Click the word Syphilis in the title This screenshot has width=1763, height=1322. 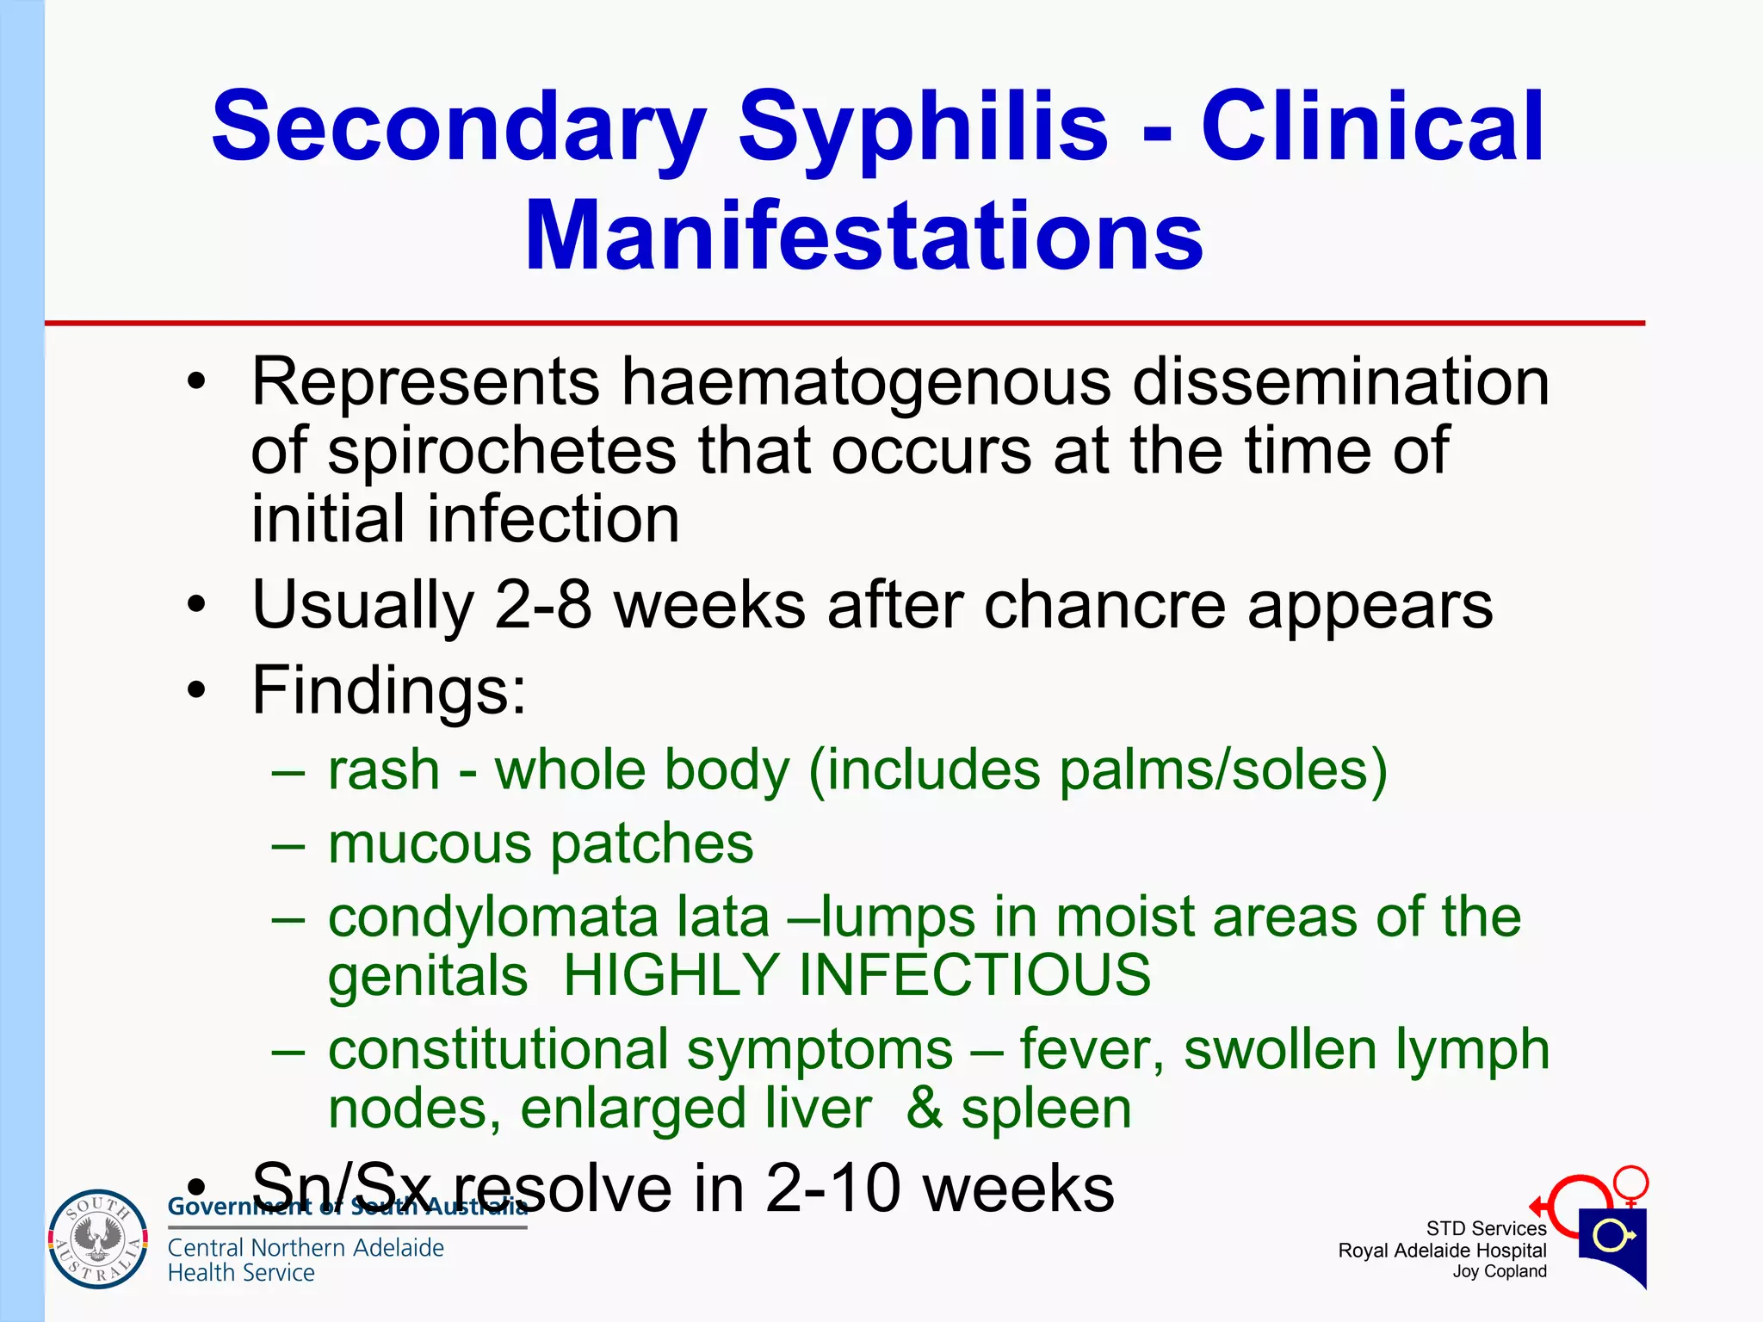[x=923, y=129]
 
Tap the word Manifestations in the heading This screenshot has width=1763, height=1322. [x=863, y=236]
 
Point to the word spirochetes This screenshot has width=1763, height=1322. [x=502, y=451]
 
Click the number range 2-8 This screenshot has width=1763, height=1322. [x=543, y=606]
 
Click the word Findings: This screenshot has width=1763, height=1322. [x=388, y=690]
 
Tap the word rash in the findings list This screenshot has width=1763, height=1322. [x=384, y=769]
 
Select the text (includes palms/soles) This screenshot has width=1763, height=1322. [x=1098, y=769]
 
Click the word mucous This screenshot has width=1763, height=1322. [x=430, y=843]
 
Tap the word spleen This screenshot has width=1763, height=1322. [x=1046, y=1109]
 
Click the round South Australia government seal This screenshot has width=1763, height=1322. [x=98, y=1239]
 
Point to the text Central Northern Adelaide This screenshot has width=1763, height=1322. [x=306, y=1247]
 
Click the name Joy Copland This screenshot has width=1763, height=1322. [x=1499, y=1271]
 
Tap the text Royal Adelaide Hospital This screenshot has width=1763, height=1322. [x=1442, y=1251]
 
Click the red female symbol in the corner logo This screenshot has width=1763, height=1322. [x=1630, y=1185]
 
